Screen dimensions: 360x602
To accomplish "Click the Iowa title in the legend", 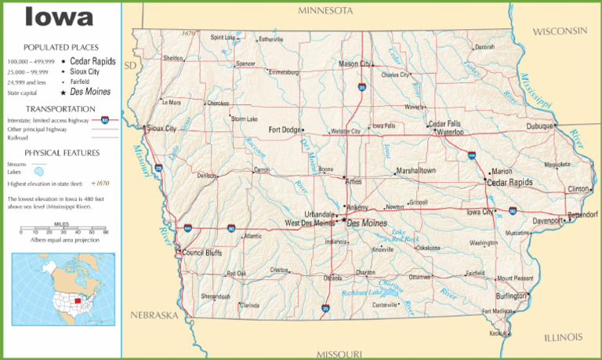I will pyautogui.click(x=60, y=17).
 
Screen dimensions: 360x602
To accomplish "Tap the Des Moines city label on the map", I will pyautogui.click(x=366, y=223).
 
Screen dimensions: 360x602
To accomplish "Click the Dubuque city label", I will pyautogui.click(x=540, y=125).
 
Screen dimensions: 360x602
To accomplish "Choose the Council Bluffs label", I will pyautogui.click(x=203, y=253).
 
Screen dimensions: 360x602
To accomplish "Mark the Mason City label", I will pyautogui.click(x=354, y=64).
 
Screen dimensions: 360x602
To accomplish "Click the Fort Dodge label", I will pyautogui.click(x=285, y=129).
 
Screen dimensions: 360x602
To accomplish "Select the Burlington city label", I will pyautogui.click(x=512, y=296).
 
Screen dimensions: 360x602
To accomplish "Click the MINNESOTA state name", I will pyautogui.click(x=325, y=10).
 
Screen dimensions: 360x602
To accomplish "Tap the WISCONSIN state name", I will pyautogui.click(x=560, y=31).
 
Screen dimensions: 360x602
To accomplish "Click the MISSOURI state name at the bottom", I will pyautogui.click(x=336, y=353).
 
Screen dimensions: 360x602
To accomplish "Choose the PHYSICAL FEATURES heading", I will pyautogui.click(x=62, y=152).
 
